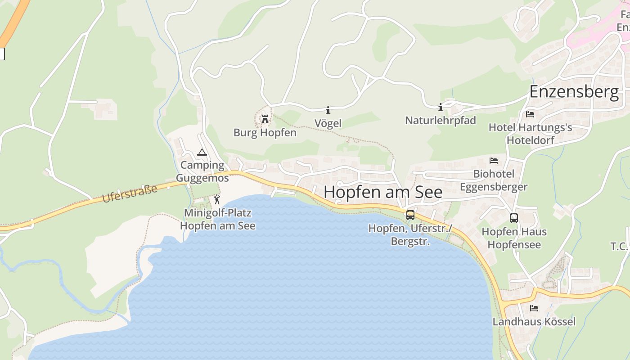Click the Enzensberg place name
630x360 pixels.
(574, 92)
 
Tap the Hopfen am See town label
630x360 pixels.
(383, 192)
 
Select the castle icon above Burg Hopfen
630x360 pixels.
(265, 119)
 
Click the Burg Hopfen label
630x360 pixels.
(265, 133)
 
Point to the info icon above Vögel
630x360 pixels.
(328, 110)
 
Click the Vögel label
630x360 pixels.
(328, 123)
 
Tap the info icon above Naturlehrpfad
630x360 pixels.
(441, 107)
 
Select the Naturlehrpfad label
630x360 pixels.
(441, 121)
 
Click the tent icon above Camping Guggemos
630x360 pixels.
(202, 152)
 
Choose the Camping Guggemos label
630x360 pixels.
(202, 171)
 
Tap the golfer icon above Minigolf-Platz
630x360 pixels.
(217, 199)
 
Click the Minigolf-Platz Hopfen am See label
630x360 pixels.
(218, 219)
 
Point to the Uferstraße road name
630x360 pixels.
(130, 193)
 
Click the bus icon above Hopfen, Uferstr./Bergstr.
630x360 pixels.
(410, 215)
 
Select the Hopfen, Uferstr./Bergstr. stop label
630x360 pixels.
(409, 235)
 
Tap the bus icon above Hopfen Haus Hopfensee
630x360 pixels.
(514, 218)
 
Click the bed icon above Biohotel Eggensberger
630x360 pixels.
(494, 161)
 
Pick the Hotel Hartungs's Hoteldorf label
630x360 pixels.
(530, 134)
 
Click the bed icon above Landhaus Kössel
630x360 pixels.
(534, 308)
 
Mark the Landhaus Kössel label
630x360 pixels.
(534, 322)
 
